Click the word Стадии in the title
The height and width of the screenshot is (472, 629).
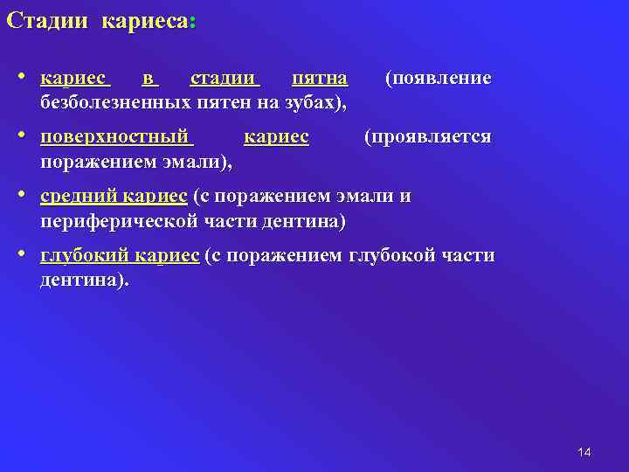[x=47, y=20]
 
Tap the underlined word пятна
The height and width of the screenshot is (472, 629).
[x=319, y=79]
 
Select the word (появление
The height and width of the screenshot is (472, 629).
[x=439, y=79]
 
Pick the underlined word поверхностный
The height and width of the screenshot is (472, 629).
[x=114, y=137]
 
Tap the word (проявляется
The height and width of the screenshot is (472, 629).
[x=428, y=137]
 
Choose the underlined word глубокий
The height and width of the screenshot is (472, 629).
[x=86, y=256]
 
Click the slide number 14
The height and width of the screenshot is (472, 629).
[x=584, y=451]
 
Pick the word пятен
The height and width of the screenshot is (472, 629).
[x=233, y=102]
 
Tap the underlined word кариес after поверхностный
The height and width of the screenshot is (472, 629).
[x=276, y=137]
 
